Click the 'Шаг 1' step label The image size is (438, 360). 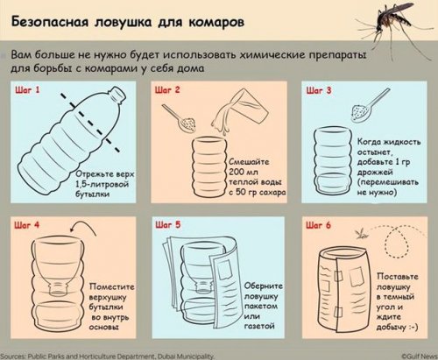point(27,89)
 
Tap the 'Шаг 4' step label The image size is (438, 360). point(27,225)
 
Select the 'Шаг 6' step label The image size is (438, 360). point(318,225)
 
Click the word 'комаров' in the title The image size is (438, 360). point(216,23)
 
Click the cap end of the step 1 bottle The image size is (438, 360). point(119,95)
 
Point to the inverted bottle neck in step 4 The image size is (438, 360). point(59,287)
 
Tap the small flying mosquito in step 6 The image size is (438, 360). point(362,233)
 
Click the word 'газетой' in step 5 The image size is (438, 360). point(259,326)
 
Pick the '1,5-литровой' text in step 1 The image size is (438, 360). point(102,184)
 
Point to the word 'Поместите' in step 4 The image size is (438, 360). point(112,286)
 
